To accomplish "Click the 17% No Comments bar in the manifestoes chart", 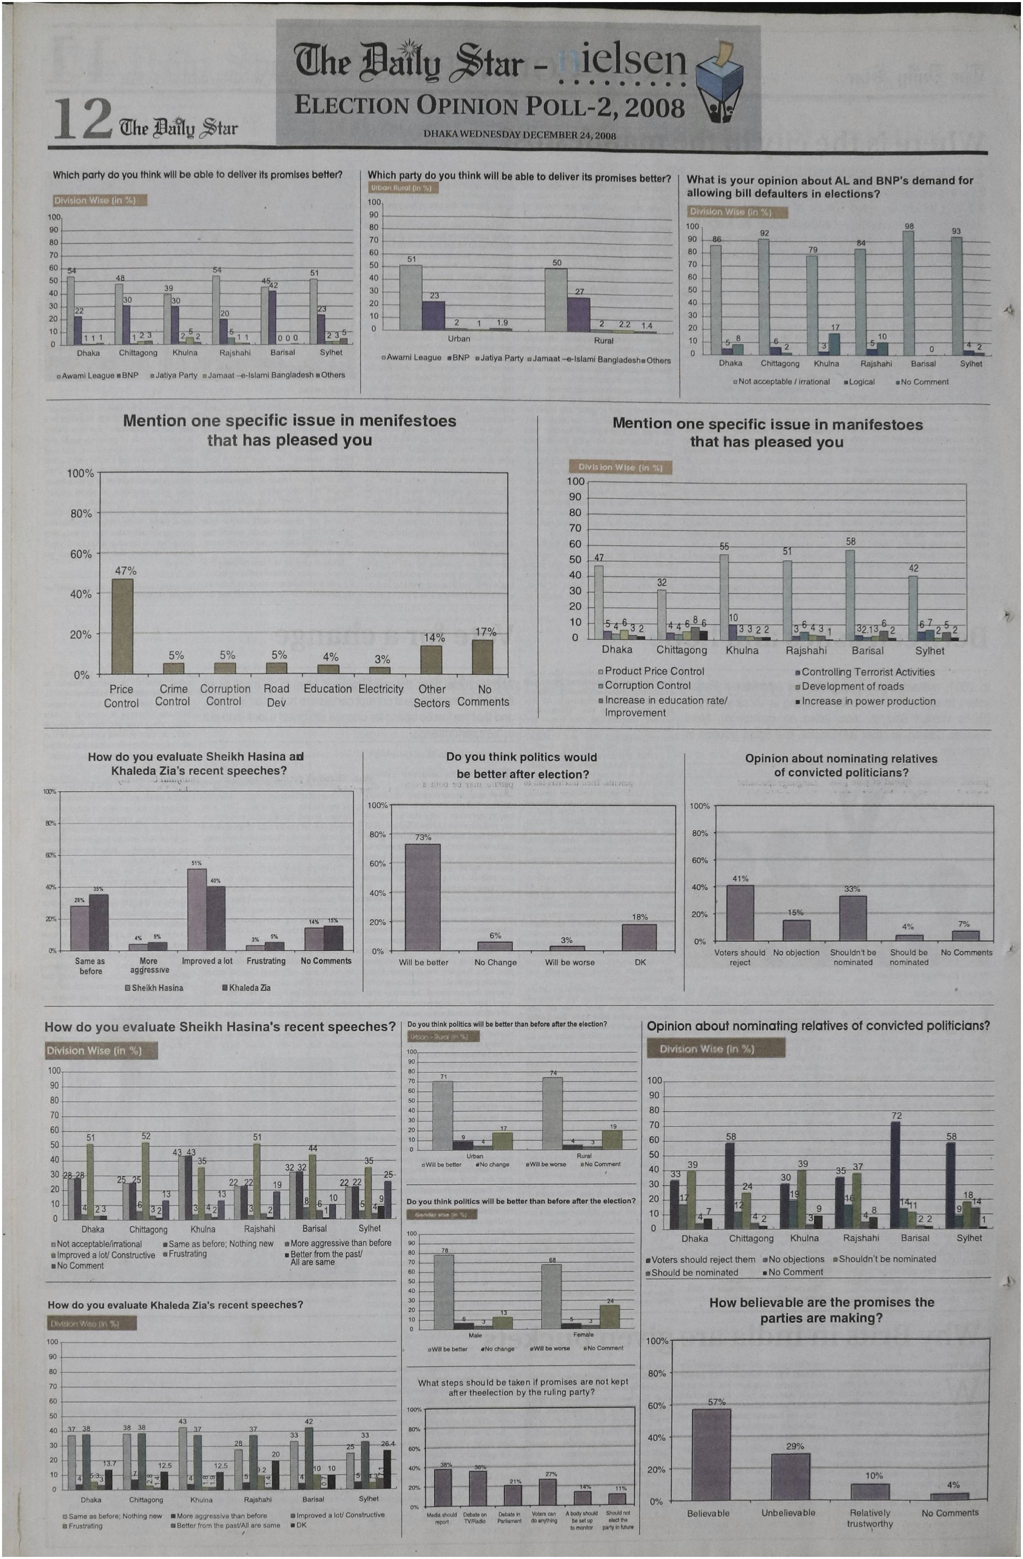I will pos(483,656).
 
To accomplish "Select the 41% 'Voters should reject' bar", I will pos(740,913).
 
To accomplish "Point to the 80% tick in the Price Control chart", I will pos(81,514).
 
